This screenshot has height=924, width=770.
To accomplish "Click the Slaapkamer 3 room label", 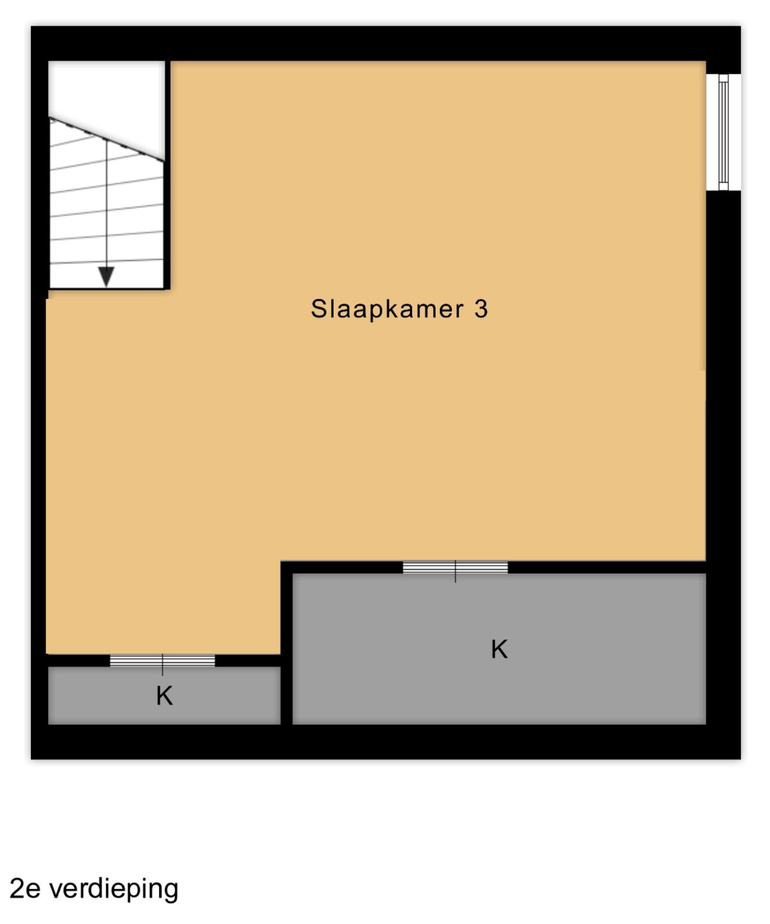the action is [399, 309].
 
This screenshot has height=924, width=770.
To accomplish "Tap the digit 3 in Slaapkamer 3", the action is [481, 309].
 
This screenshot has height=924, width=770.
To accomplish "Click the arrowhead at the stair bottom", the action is [106, 277].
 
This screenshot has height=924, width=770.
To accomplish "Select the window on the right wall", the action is [723, 132].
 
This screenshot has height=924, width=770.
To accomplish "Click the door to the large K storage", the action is [455, 568].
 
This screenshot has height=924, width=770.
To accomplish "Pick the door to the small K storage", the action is [162, 660].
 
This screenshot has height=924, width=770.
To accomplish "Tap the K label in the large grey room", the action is [499, 650].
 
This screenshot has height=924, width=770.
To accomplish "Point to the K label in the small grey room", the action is [165, 696].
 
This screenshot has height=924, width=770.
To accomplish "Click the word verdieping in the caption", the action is [114, 889].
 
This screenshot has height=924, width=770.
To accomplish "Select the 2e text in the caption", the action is [25, 889].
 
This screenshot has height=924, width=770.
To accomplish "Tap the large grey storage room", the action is [499, 649].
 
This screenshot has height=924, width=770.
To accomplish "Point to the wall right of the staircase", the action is [168, 175].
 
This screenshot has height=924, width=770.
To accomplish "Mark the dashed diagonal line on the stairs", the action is [107, 139].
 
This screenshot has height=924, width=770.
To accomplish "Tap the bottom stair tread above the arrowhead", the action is [107, 262].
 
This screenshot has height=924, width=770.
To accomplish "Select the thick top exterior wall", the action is [386, 43].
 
